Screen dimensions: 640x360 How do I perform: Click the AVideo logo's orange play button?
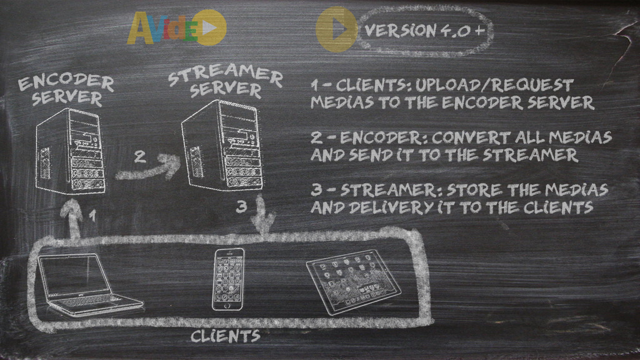point(209,28)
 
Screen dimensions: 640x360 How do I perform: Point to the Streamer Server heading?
point(225,82)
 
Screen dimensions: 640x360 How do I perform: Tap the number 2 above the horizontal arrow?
point(140,157)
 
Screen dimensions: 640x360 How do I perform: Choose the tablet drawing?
point(353,281)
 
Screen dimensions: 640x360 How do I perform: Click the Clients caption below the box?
point(225,335)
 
